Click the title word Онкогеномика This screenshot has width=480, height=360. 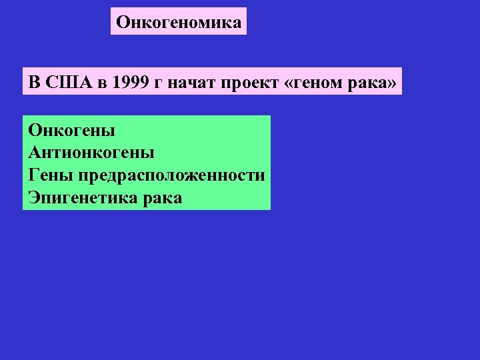pyautogui.click(x=179, y=22)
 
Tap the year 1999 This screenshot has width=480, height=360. pyautogui.click(x=131, y=83)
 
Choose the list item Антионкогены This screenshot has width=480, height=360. pyautogui.click(x=91, y=152)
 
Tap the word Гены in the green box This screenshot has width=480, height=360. pyautogui.click(x=51, y=175)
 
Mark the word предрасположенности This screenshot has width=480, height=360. pyautogui.click(x=171, y=175)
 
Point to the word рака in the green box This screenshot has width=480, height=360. pyautogui.click(x=161, y=197)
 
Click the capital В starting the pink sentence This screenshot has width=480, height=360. pyautogui.click(x=34, y=83)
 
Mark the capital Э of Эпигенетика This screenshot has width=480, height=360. pyautogui.click(x=33, y=197)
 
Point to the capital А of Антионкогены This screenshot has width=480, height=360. pyautogui.click(x=35, y=152)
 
